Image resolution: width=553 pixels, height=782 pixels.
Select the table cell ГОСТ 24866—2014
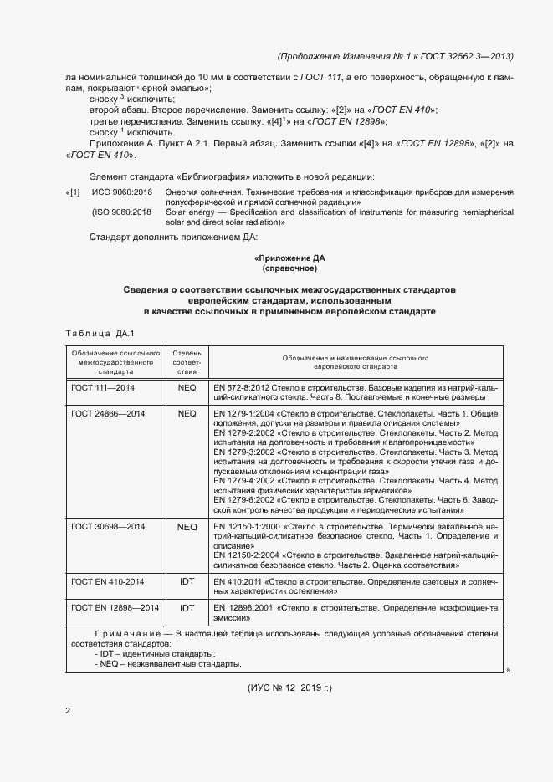click(x=109, y=413)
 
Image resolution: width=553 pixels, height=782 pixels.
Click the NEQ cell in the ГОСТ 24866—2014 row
click(x=187, y=413)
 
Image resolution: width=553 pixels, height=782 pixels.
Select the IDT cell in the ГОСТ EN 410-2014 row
click(x=187, y=580)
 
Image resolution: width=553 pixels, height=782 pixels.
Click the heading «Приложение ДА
click(x=289, y=258)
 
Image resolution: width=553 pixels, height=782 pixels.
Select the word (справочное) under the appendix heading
click(x=289, y=269)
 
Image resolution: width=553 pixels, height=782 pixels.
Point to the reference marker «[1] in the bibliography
click(x=73, y=193)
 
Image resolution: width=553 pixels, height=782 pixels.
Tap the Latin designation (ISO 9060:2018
click(x=121, y=212)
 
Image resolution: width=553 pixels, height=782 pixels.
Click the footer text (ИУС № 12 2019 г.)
click(x=289, y=687)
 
